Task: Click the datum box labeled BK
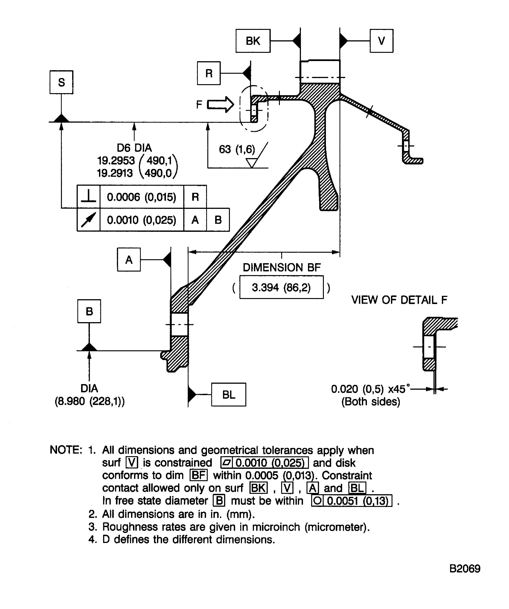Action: pos(253,41)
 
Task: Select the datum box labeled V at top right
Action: pos(381,41)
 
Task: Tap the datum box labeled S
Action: pos(61,82)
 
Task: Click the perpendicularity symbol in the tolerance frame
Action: pos(88,196)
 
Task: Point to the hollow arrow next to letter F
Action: pos(220,104)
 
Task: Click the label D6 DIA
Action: pos(134,148)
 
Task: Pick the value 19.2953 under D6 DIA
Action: pos(116,160)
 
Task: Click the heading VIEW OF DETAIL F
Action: pos(399,300)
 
